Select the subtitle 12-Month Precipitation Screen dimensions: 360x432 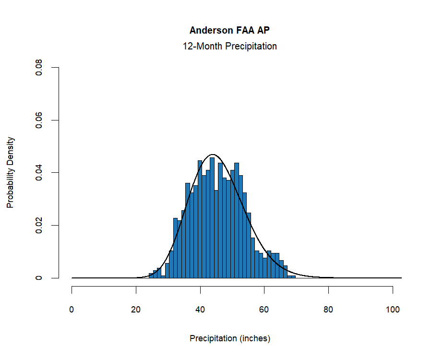tap(229, 47)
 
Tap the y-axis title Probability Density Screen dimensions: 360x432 tap(10, 172)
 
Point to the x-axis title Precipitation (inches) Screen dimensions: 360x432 tap(230, 338)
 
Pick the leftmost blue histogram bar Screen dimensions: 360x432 tap(151, 276)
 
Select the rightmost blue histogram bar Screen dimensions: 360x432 tap(293, 277)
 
